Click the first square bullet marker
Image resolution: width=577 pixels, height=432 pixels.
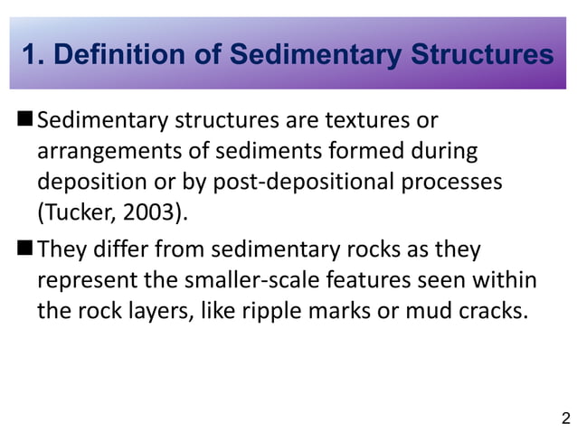24,119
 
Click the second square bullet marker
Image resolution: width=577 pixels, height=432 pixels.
24,249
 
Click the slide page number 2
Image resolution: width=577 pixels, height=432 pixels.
565,418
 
